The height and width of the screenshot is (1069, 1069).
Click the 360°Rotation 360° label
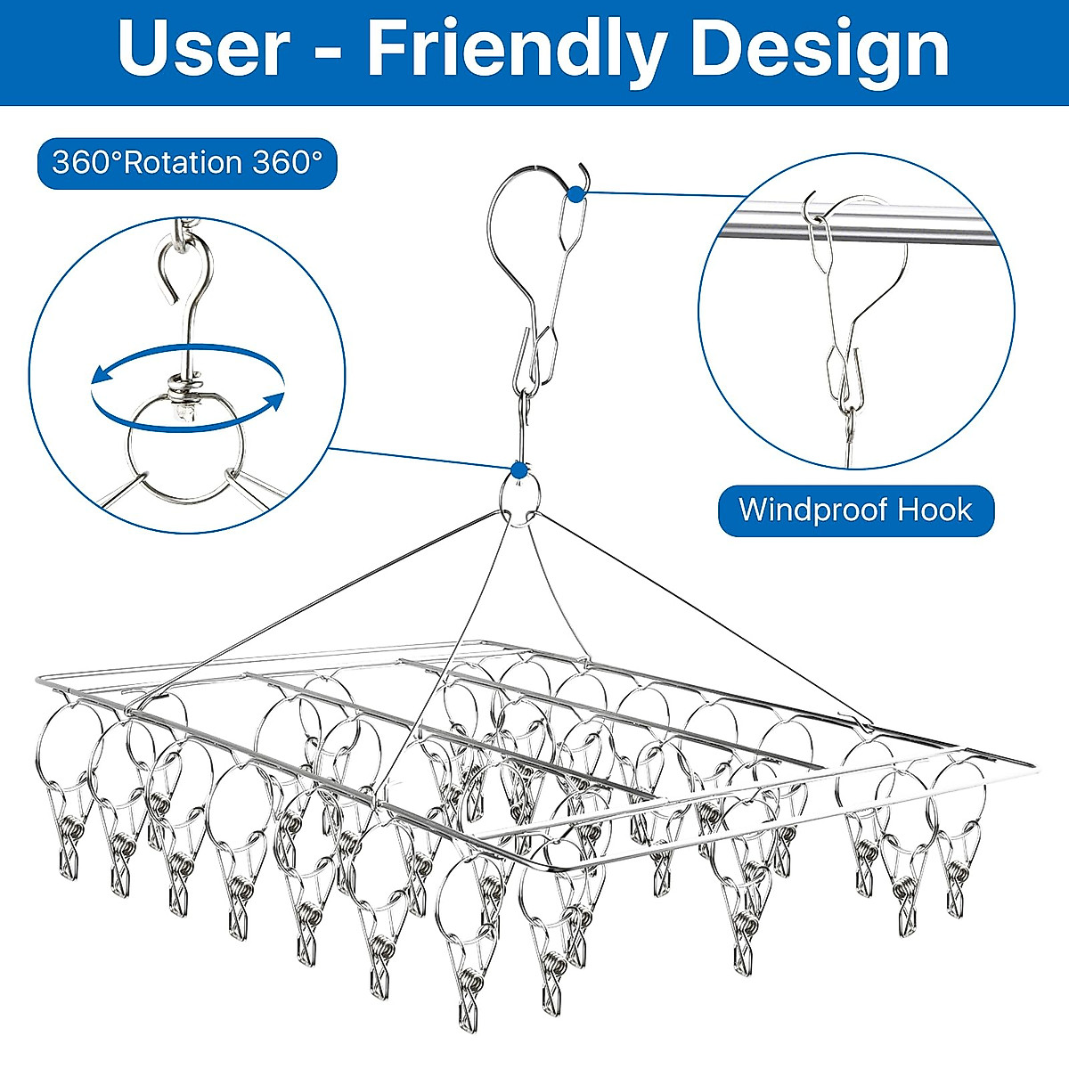click(187, 163)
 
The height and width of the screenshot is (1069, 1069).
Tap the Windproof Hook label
click(855, 510)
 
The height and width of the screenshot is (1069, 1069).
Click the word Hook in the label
click(934, 510)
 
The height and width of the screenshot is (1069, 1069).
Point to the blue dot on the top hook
click(576, 193)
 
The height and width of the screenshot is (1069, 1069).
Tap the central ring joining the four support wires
click(519, 495)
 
